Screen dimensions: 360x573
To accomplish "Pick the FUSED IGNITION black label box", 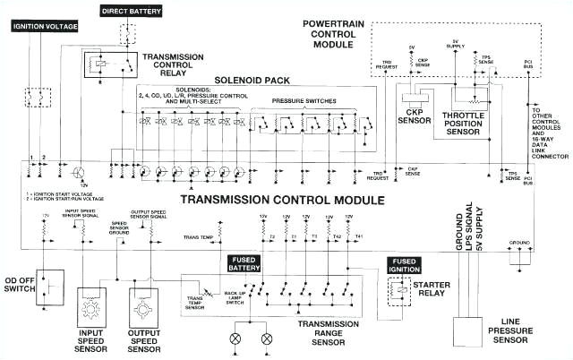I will [x=403, y=265].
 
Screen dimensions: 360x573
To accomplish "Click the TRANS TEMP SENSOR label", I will [x=196, y=301].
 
